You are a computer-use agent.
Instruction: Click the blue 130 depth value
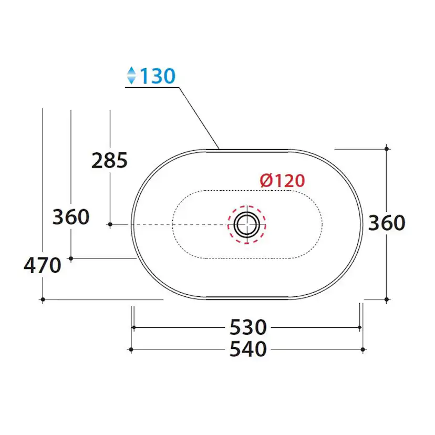[157, 77]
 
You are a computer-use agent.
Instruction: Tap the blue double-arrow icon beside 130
[131, 77]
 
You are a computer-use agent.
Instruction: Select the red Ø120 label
[282, 181]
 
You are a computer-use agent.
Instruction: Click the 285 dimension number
[109, 160]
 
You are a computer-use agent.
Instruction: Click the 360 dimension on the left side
[71, 216]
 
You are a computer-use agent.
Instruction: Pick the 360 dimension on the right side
[387, 223]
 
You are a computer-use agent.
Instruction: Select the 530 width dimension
[248, 328]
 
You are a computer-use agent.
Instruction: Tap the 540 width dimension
[248, 349]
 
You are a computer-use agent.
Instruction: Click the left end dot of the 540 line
[131, 349]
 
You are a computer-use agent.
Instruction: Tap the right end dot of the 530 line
[360, 327]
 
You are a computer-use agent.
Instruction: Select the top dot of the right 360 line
[387, 149]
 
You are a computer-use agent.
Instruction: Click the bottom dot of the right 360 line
[387, 299]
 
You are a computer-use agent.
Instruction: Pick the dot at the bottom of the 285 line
[110, 224]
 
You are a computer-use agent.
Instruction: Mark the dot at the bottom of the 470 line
[43, 299]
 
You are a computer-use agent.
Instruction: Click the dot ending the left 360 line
[71, 258]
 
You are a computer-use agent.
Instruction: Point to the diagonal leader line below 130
[200, 118]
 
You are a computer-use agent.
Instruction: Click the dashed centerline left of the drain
[179, 224]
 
